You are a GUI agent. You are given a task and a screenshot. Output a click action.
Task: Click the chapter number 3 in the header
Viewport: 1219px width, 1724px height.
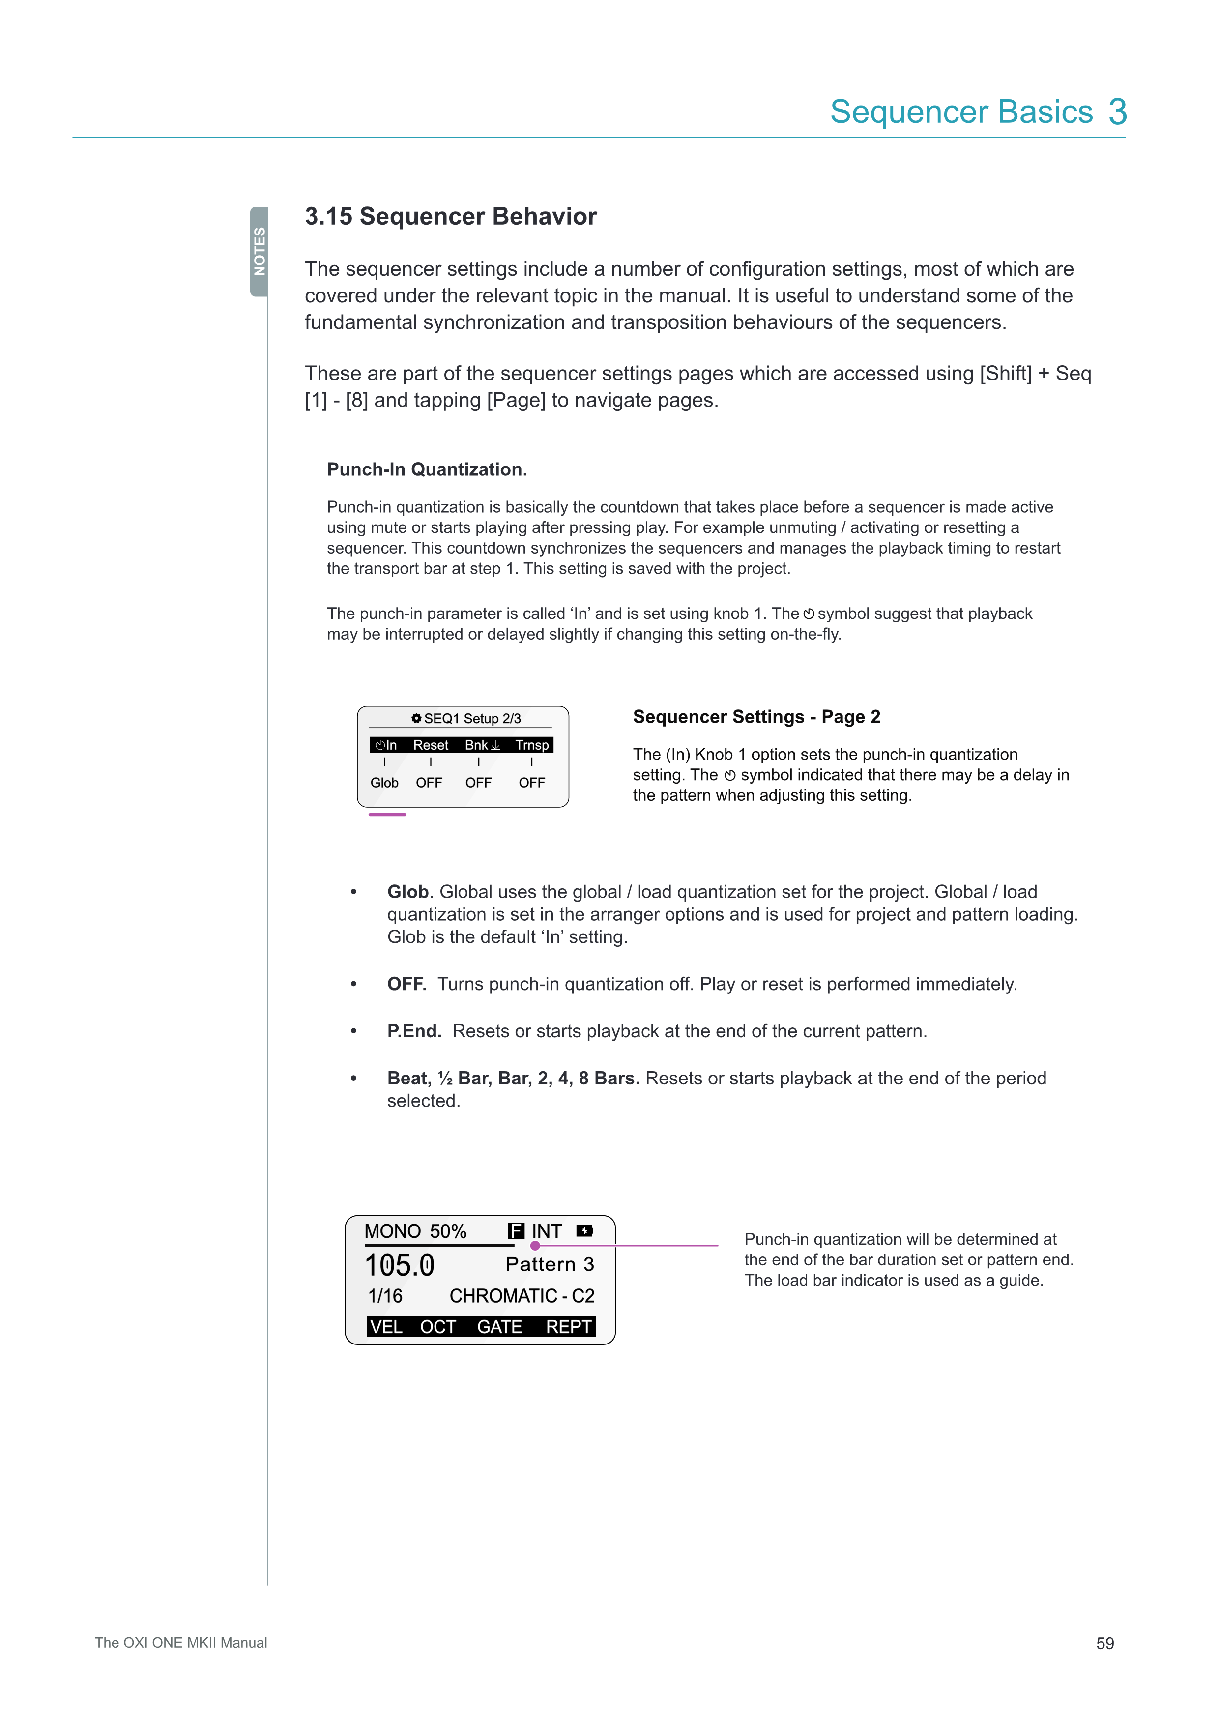point(1118,113)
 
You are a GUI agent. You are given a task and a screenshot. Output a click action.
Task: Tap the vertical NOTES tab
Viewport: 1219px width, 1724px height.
point(260,252)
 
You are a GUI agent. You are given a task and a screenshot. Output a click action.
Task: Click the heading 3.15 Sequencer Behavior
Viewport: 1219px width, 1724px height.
point(450,216)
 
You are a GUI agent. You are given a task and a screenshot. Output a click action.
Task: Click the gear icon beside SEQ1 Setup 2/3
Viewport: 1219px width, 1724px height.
point(417,719)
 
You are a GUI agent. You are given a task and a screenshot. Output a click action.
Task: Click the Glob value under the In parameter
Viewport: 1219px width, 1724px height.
point(384,783)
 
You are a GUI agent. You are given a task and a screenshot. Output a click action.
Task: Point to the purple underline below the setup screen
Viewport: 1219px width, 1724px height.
point(387,815)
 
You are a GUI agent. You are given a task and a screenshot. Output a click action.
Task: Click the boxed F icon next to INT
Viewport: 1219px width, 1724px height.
point(516,1231)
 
